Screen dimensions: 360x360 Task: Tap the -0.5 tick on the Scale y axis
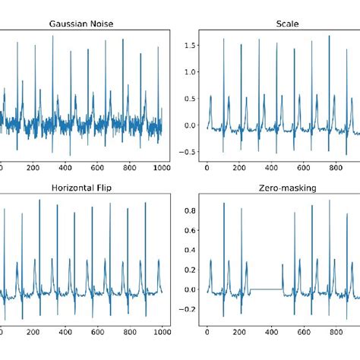[188, 151]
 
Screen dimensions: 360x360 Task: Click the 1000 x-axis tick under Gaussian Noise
[162, 168]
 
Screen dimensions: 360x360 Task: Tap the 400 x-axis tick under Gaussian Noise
[65, 168]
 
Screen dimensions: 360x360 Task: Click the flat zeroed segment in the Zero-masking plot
[266, 289]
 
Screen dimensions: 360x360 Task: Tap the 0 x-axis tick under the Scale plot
[207, 168]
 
